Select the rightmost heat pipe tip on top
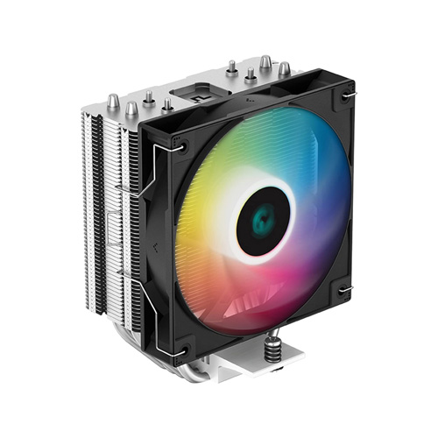[x=284, y=68]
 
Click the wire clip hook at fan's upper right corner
[x=347, y=95]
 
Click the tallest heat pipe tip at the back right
[x=265, y=61]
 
